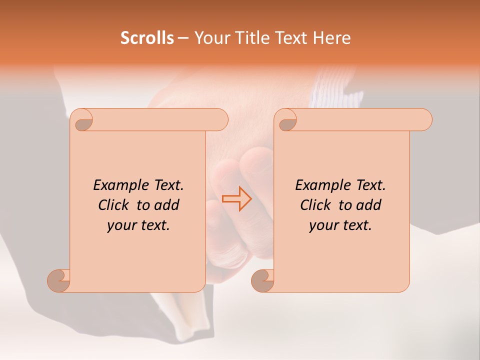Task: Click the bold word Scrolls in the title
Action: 147,38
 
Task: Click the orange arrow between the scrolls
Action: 236,198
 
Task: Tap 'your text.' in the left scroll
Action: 138,225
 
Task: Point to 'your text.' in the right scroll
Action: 340,225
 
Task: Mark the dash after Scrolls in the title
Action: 183,38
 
